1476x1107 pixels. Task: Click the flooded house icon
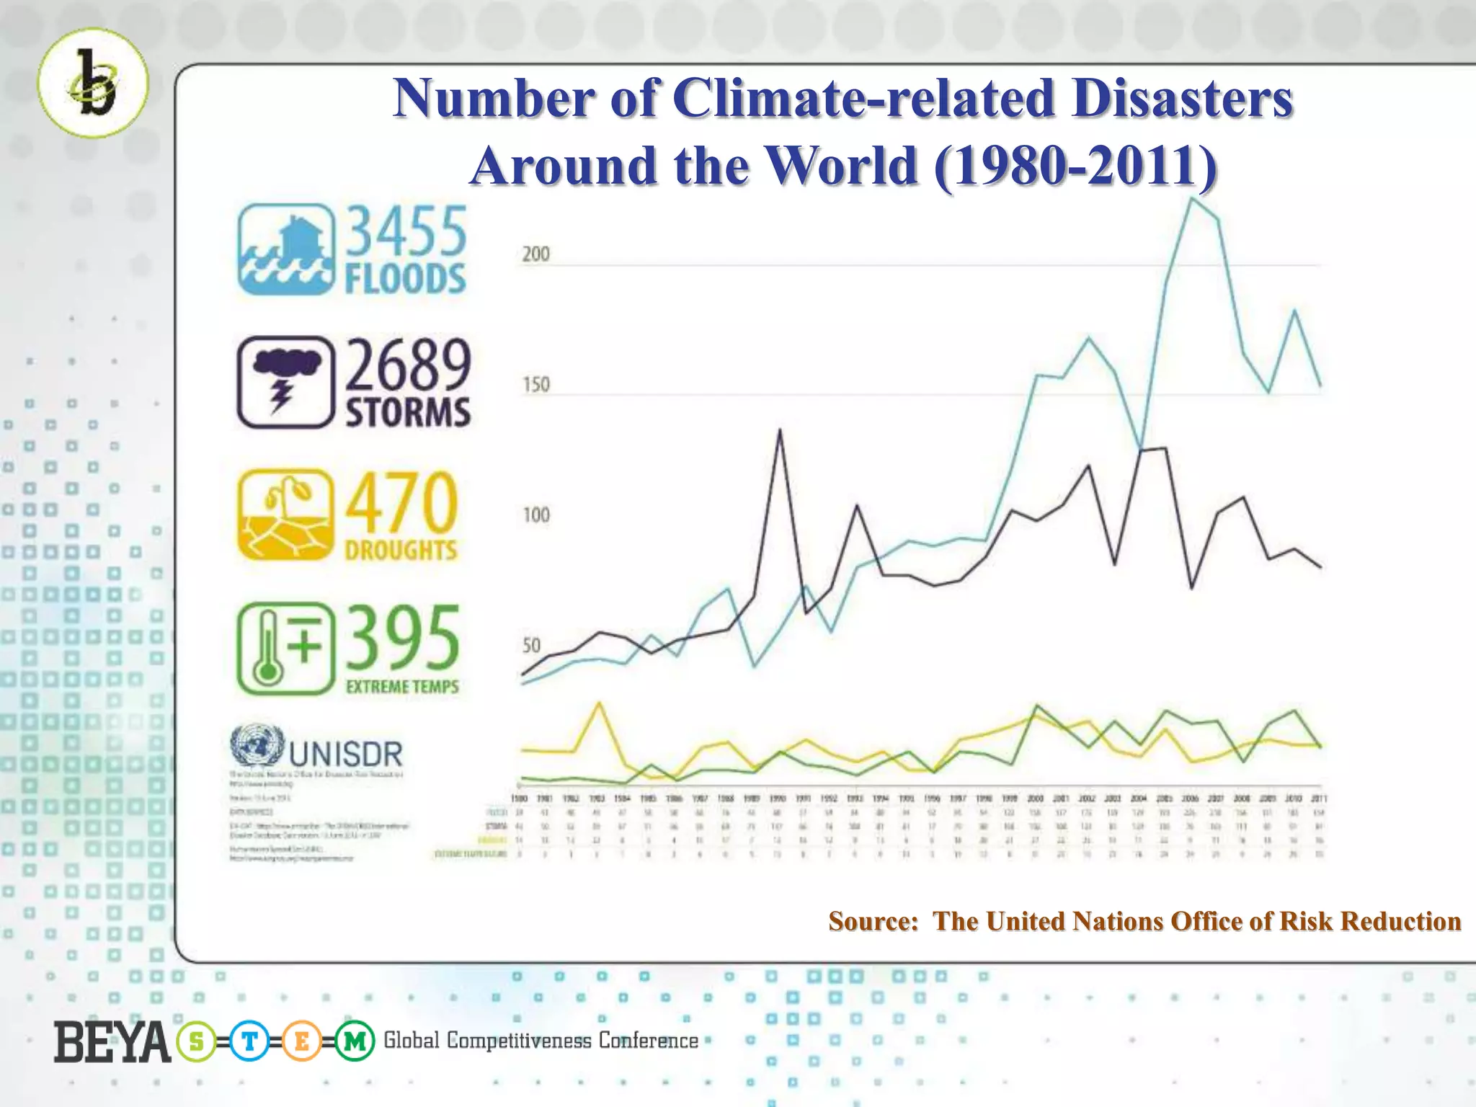click(x=286, y=249)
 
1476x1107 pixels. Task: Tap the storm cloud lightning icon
click(x=286, y=383)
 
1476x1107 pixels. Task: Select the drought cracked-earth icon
click(x=286, y=515)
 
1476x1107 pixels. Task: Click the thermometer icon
click(x=286, y=649)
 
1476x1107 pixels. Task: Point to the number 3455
click(x=406, y=231)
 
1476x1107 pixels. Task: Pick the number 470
click(x=401, y=502)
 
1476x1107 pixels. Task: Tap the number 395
click(x=403, y=637)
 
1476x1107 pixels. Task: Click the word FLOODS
click(x=405, y=280)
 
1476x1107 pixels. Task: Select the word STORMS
click(x=408, y=413)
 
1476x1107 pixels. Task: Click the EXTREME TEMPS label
click(x=402, y=687)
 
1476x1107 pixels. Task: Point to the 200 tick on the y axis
click(x=535, y=254)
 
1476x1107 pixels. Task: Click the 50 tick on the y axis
click(x=531, y=645)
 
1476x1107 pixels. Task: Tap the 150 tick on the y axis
click(x=535, y=384)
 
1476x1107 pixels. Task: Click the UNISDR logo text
click(x=346, y=754)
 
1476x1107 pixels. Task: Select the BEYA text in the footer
click(x=112, y=1041)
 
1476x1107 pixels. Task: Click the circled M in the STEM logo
click(x=355, y=1041)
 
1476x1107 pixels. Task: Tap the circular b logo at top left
click(x=93, y=83)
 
